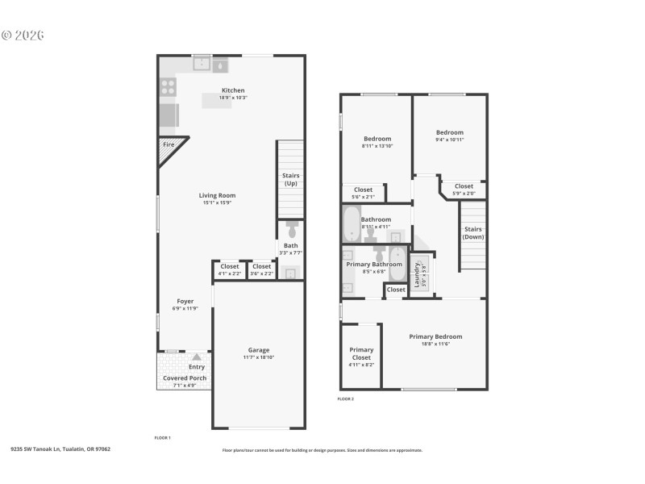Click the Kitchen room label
(233, 90)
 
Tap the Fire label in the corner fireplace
(169, 144)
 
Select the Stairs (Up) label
(289, 179)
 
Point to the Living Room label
(217, 195)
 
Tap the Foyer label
(185, 302)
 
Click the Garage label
(259, 350)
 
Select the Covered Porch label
(185, 378)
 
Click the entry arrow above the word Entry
(195, 356)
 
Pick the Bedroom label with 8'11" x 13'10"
(377, 139)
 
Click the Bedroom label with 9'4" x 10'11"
(450, 132)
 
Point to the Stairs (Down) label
(473, 233)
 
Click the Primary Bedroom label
(435, 336)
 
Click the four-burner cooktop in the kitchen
(168, 86)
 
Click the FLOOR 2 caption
(345, 398)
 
